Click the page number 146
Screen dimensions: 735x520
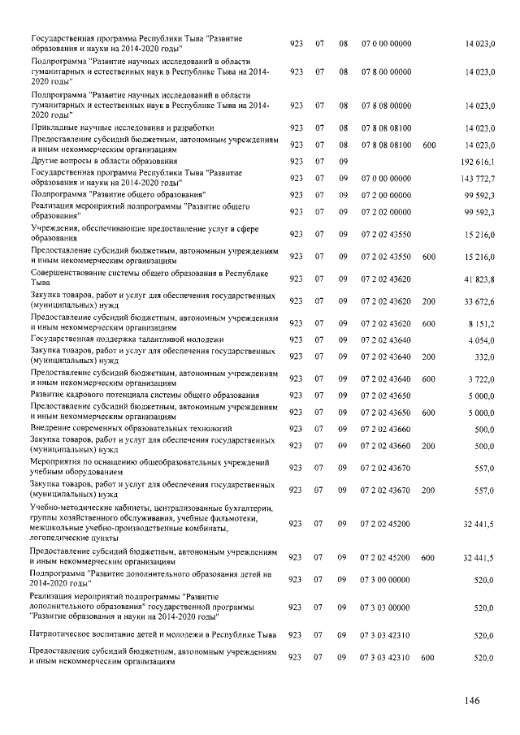pyautogui.click(x=474, y=702)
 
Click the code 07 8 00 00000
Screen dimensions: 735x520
pyautogui.click(x=386, y=72)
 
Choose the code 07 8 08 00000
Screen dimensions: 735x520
pyautogui.click(x=386, y=106)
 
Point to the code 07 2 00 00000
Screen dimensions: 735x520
pyautogui.click(x=386, y=196)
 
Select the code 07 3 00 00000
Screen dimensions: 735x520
pyautogui.click(x=386, y=581)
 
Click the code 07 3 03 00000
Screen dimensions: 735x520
pyautogui.click(x=386, y=607)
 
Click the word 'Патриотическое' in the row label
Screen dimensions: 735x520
pyautogui.click(x=63, y=633)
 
